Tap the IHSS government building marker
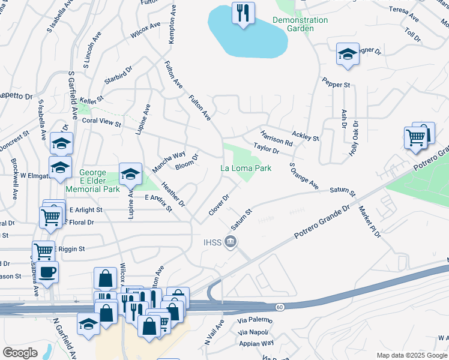click(231, 242)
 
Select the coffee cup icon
click(47, 272)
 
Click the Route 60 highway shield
click(280, 307)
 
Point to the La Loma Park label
click(246, 168)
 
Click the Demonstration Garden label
click(300, 24)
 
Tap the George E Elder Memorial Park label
click(100, 179)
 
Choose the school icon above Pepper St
click(347, 55)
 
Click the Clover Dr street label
click(219, 205)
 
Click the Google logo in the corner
click(20, 352)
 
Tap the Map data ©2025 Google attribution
click(411, 355)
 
